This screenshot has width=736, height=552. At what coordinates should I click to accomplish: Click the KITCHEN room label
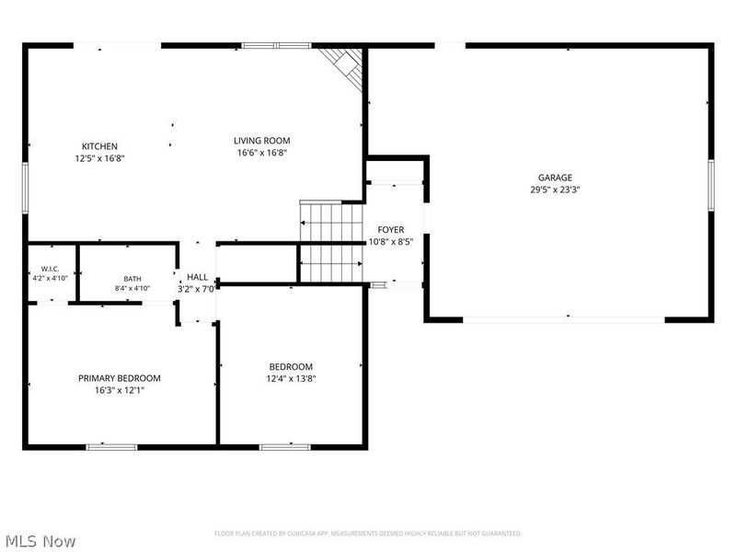(99, 146)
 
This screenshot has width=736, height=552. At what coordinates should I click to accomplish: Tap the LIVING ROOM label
(262, 141)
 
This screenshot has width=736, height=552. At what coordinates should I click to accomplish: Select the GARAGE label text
(555, 178)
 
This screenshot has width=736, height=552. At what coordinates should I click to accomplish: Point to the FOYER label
(390, 229)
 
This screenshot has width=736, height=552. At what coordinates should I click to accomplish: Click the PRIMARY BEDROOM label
(120, 378)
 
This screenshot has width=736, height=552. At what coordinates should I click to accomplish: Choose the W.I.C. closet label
(50, 269)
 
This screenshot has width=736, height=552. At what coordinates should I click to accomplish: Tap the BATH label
(132, 279)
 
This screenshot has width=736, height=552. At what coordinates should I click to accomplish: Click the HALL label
(197, 278)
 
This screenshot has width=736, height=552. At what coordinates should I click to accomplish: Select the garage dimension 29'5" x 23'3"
(556, 190)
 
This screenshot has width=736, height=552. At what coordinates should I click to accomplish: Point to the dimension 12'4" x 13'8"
(291, 379)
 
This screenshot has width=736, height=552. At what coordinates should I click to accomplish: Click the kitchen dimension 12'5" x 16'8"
(99, 158)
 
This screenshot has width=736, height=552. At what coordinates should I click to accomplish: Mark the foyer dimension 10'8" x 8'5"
(390, 242)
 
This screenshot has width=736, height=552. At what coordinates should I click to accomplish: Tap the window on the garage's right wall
(711, 185)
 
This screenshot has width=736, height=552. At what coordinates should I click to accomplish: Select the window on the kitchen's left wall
(26, 189)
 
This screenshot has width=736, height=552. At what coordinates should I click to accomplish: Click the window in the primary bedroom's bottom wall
(111, 447)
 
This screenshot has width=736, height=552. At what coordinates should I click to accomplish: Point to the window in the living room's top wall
(277, 45)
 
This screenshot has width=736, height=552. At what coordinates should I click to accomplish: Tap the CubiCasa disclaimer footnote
(368, 534)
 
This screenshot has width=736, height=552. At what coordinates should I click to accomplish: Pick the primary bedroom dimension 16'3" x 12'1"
(120, 390)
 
